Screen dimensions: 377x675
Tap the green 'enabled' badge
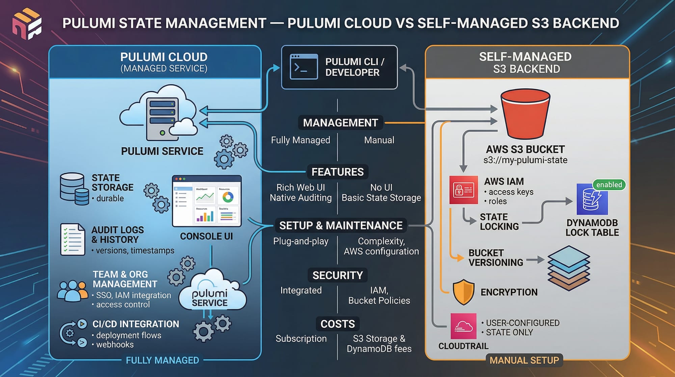(x=609, y=185)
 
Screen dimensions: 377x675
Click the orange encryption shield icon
(x=464, y=292)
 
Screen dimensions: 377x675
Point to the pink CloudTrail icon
(x=463, y=326)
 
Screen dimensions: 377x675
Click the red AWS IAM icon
(x=463, y=190)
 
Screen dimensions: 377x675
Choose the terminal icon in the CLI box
(x=303, y=67)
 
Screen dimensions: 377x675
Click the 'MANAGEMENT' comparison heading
(x=340, y=123)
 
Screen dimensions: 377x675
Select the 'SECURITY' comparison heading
(x=337, y=275)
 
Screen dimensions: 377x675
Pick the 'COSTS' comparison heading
(x=337, y=324)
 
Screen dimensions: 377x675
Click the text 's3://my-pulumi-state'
(x=525, y=160)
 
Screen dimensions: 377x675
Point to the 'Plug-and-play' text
(x=300, y=241)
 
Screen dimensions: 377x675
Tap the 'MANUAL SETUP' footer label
(x=524, y=360)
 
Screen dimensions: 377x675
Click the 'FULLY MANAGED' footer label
(x=162, y=360)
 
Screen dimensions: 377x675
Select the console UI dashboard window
(x=207, y=201)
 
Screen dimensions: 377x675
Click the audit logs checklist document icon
(x=73, y=239)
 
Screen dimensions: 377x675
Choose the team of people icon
(x=73, y=291)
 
